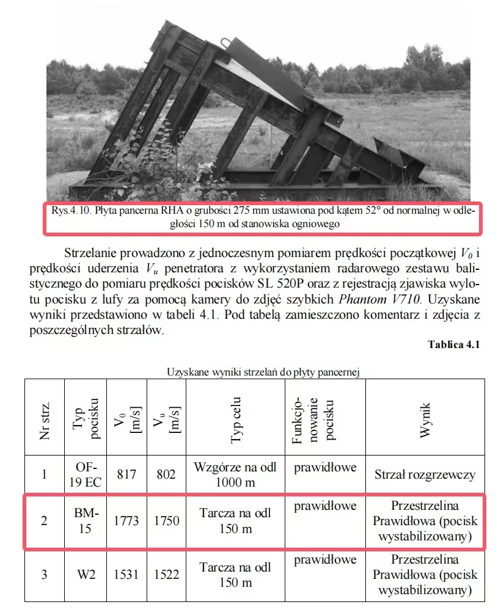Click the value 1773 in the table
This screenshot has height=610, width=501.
click(126, 521)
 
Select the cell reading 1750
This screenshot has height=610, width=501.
click(166, 521)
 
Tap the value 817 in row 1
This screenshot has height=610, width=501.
click(126, 474)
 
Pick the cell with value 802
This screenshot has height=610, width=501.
click(166, 474)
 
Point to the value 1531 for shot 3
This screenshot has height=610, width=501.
click(126, 575)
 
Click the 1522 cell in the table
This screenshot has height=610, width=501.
click(166, 575)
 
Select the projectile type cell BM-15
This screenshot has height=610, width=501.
click(85, 521)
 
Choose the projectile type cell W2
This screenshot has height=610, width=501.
click(85, 575)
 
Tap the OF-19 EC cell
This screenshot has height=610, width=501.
click(85, 474)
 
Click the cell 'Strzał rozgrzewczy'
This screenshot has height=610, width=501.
click(425, 474)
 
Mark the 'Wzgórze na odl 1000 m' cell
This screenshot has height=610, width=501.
click(235, 474)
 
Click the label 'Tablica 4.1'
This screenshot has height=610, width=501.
click(454, 344)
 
